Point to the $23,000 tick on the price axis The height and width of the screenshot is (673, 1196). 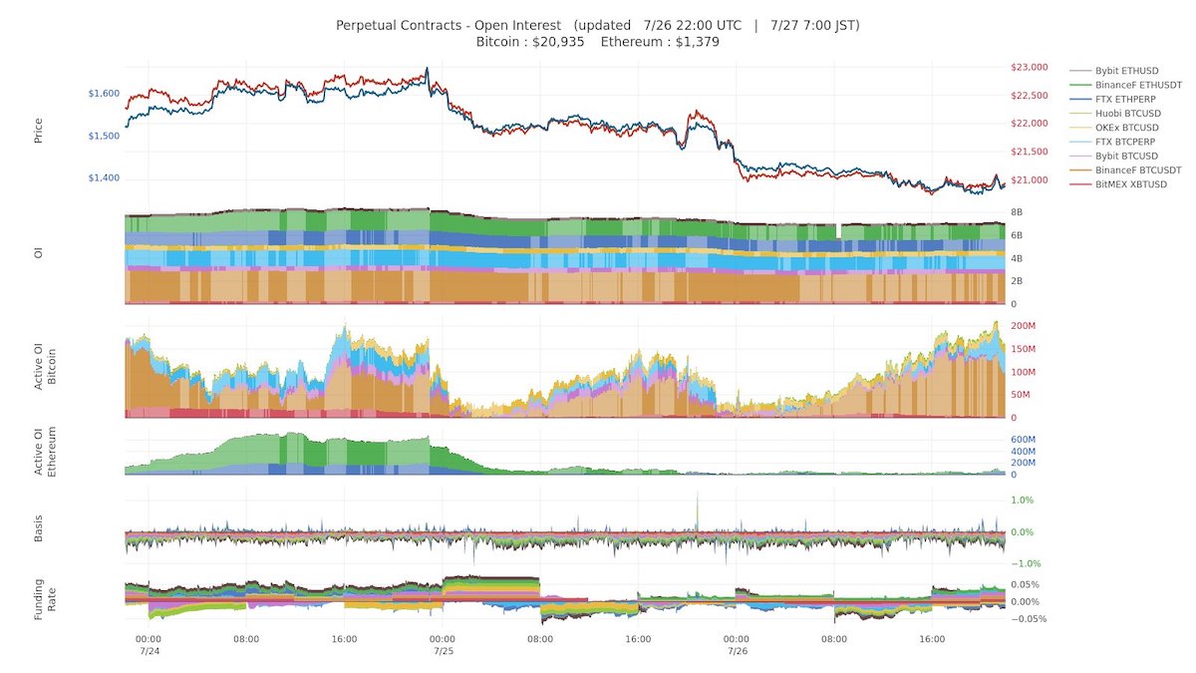point(1028,68)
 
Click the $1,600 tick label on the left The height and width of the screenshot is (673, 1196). point(103,94)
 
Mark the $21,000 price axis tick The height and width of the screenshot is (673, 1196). point(1028,180)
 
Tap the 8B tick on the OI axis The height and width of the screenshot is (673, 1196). point(1017,212)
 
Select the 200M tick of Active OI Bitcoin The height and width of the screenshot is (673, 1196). point(1022,326)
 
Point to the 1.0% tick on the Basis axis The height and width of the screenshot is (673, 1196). point(1022,501)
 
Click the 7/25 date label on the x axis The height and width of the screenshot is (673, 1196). point(444,652)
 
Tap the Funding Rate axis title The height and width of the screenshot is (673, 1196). point(46,601)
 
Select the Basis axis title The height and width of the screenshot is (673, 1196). point(39,531)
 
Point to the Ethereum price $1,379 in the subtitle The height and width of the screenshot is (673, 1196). point(659,42)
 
